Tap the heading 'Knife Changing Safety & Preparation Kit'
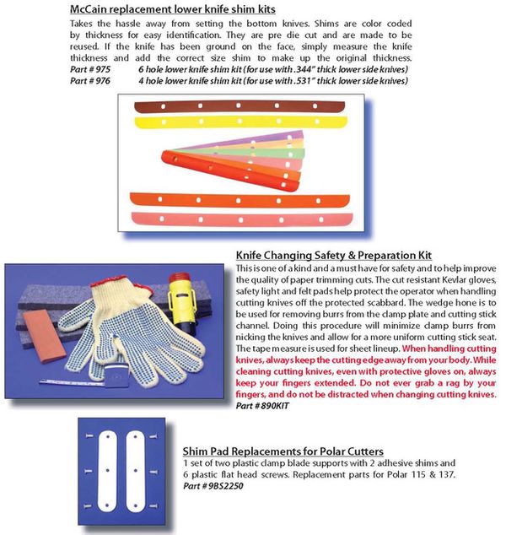333,255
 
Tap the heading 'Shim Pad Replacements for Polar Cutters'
283,451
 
